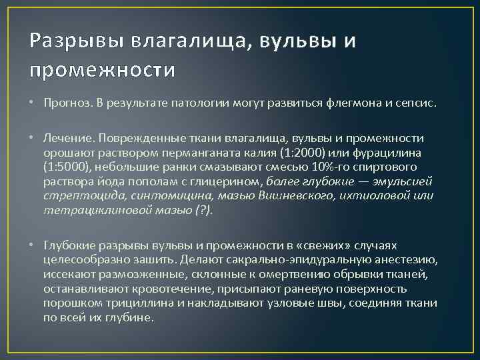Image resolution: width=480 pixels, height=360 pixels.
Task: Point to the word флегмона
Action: click(351, 105)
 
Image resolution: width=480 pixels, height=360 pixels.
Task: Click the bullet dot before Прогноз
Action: click(32, 105)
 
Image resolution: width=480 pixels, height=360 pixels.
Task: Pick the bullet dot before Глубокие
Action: click(32, 246)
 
